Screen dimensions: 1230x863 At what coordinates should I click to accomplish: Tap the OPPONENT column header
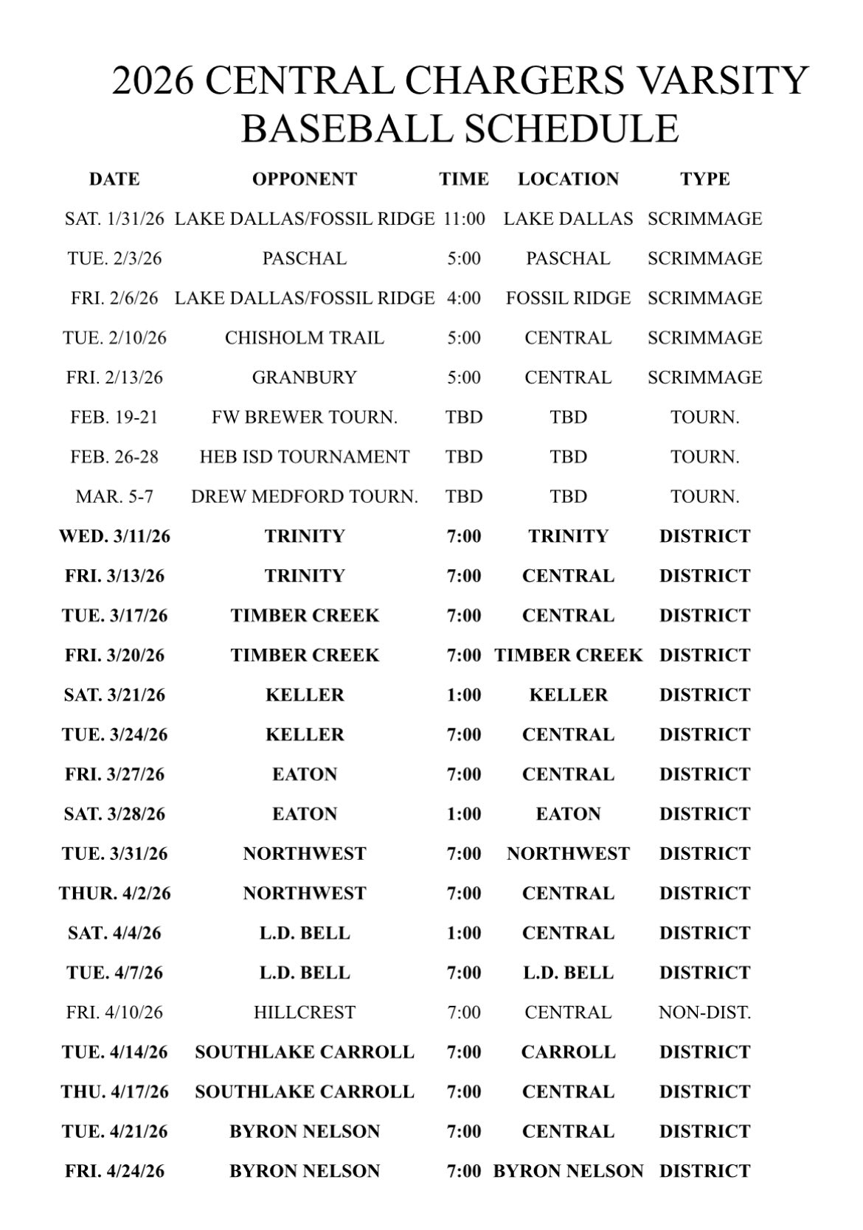coord(304,179)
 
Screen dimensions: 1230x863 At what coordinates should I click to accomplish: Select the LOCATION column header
coord(568,179)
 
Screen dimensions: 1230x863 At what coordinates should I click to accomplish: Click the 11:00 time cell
coord(464,219)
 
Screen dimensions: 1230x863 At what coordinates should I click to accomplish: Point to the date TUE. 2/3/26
coord(114,259)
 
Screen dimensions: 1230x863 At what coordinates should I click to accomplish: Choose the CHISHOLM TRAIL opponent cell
coord(304,338)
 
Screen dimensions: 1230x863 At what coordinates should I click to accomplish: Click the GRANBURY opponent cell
coord(304,378)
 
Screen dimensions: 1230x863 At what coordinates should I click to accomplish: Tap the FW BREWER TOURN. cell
coord(304,417)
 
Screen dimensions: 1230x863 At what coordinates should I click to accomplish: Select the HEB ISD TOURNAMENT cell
coord(304,457)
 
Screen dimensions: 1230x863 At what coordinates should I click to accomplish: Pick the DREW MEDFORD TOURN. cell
coord(304,497)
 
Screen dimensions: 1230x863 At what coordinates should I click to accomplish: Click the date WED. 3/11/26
coord(114,536)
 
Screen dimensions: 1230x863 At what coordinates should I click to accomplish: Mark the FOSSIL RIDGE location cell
coord(568,299)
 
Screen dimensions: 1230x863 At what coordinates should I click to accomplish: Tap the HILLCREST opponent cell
coord(304,1012)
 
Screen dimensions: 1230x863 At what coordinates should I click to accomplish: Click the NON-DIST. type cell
coord(704,1012)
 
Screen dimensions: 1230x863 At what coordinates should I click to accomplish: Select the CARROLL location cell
coord(568,1052)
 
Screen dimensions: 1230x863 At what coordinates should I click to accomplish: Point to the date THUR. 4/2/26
coord(114,894)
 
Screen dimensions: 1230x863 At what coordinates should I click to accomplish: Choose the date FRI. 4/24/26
coord(114,1171)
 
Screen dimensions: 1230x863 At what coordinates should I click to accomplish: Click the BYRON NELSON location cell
coord(568,1171)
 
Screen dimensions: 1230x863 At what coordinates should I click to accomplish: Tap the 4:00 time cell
coord(464,299)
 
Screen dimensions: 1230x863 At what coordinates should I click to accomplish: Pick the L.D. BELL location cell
coord(568,973)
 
